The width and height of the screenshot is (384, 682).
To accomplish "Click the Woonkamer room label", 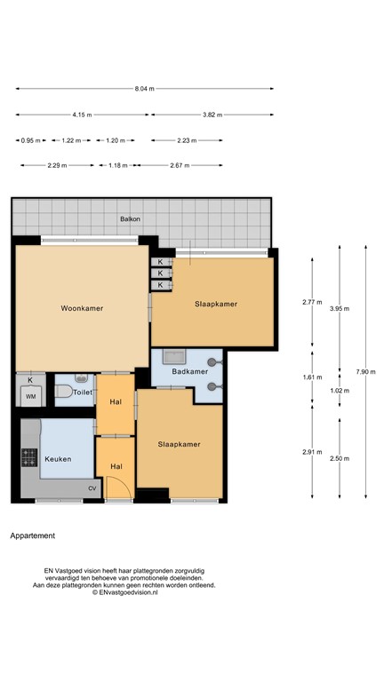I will click(x=82, y=308).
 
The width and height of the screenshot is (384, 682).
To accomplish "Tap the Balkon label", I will click(x=131, y=218).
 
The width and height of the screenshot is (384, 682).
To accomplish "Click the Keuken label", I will click(x=58, y=459).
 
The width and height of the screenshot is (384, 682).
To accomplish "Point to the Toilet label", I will click(x=83, y=391).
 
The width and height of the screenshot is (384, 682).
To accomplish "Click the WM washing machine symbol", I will click(x=30, y=396).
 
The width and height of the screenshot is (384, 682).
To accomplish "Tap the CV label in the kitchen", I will click(x=92, y=488).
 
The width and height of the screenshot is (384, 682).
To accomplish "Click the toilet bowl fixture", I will click(x=64, y=391).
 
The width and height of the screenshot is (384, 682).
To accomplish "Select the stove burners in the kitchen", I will click(x=28, y=458).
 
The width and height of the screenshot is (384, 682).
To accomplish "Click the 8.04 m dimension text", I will click(x=145, y=89).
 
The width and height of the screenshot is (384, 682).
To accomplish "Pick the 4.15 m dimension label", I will click(x=83, y=115).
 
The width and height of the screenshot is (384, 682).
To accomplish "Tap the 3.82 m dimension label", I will click(x=212, y=115).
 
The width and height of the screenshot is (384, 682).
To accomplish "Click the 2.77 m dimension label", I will click(x=311, y=303).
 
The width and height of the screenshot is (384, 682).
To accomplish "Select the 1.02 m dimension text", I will click(x=339, y=390).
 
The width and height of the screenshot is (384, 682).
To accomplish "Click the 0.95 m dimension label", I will click(x=32, y=140).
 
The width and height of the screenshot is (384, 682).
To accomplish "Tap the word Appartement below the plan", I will click(x=33, y=535).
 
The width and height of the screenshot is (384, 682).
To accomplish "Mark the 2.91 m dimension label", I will click(x=311, y=452).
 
